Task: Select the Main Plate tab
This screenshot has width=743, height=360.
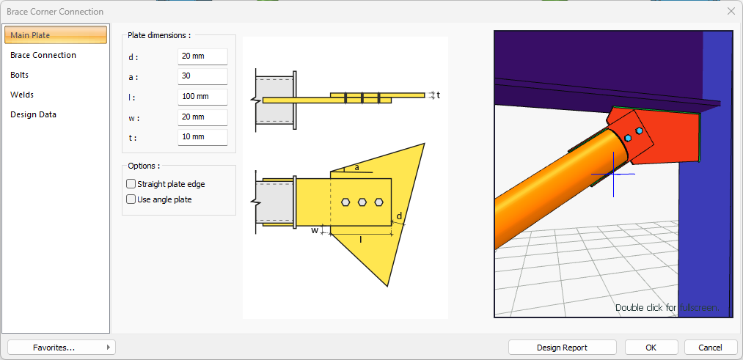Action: point(56,35)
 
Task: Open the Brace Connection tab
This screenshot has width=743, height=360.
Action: point(43,55)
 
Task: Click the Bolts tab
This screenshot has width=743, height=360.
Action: point(19,75)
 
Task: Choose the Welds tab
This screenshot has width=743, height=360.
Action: point(22,95)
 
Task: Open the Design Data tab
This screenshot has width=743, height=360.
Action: point(33,114)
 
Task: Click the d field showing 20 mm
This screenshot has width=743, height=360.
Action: point(203,56)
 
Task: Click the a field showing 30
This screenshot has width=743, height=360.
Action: point(203,76)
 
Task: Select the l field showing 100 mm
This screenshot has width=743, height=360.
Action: point(203,97)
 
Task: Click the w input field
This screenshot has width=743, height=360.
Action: point(203,117)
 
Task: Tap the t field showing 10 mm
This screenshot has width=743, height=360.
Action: point(203,137)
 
